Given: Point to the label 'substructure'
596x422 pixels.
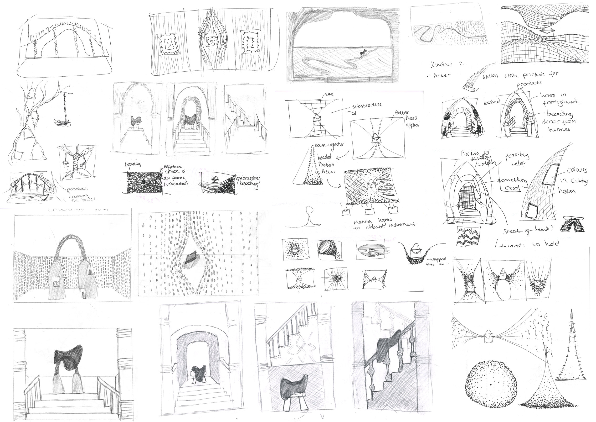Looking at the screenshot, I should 367,105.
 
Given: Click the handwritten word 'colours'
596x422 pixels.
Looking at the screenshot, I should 576,170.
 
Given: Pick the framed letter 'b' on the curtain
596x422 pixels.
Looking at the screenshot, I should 169,45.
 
